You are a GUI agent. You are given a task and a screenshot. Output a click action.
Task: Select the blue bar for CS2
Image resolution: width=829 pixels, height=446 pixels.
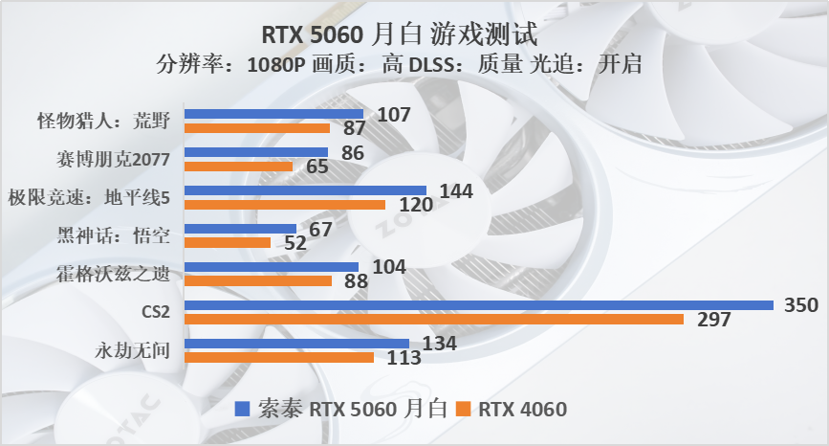478,305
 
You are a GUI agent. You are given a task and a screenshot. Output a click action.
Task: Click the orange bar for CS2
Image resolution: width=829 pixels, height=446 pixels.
433,319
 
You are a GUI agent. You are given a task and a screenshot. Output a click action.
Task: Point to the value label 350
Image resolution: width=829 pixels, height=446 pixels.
801,305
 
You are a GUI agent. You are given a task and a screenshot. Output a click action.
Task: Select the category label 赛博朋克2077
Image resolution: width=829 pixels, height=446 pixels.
114,159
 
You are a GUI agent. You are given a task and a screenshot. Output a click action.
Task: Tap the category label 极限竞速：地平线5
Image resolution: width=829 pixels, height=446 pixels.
88,197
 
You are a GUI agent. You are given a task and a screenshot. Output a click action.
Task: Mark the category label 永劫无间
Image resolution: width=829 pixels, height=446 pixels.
134,350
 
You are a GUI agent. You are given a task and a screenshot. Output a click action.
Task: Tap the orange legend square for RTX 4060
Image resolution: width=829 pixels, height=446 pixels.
465,410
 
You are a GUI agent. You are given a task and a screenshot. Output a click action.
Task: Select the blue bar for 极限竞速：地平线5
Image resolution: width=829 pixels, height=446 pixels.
304,190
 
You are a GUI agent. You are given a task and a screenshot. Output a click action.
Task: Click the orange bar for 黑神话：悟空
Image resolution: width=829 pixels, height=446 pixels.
227,242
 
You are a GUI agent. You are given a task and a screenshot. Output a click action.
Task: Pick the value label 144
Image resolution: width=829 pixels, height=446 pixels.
454,190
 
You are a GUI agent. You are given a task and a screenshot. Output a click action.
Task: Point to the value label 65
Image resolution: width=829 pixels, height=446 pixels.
317,167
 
